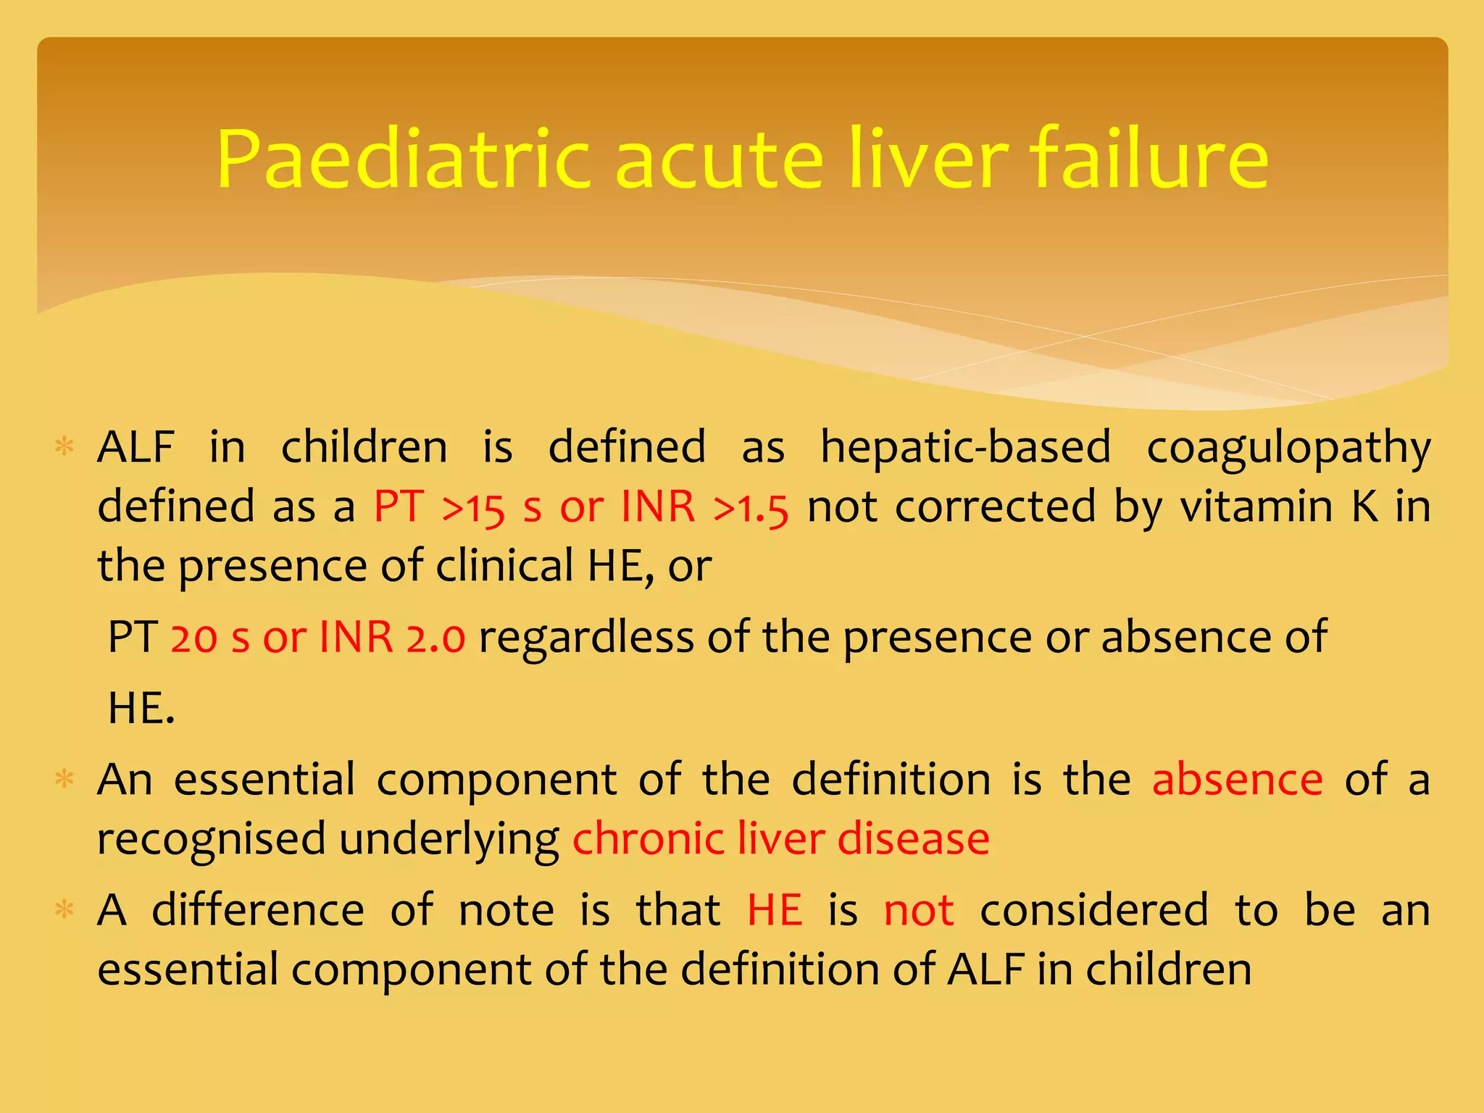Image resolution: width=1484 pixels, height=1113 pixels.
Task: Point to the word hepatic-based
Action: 965,446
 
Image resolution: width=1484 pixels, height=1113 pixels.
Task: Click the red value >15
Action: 473,508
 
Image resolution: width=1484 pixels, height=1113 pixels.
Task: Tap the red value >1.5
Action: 751,508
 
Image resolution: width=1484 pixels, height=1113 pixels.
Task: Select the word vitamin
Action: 1256,507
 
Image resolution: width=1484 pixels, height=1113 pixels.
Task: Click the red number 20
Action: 194,638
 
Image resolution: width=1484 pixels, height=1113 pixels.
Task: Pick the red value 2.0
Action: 435,638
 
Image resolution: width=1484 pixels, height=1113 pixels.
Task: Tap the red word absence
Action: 1238,780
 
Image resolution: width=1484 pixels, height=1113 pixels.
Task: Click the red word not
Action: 918,910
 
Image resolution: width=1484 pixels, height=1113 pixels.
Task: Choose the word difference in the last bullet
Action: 258,910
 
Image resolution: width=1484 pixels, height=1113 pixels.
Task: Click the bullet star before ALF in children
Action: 65,446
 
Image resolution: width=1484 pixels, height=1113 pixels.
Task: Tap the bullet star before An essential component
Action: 65,780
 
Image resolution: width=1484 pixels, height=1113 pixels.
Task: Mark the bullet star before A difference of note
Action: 65,909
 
